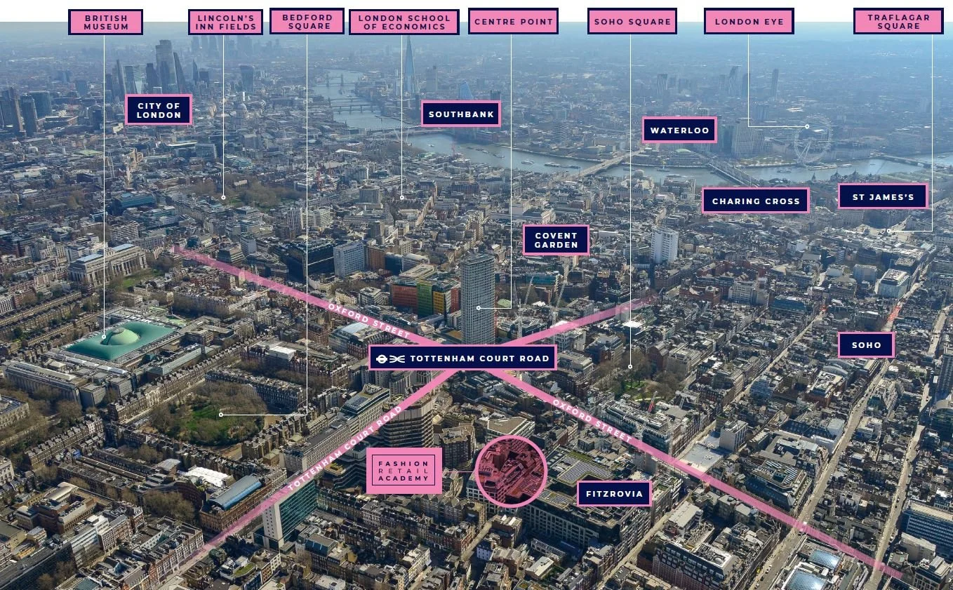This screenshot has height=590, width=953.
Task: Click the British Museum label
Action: (x=106, y=22)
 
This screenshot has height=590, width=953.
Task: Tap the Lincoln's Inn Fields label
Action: (x=225, y=22)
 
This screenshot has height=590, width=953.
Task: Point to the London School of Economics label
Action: (x=404, y=22)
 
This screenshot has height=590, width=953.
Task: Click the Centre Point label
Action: (x=513, y=22)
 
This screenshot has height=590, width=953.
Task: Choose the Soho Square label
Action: (x=632, y=22)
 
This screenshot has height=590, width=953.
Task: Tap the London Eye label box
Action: (x=749, y=22)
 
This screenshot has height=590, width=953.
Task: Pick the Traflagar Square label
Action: (x=898, y=22)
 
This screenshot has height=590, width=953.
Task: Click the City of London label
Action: (x=159, y=110)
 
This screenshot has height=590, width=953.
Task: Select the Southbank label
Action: (x=461, y=114)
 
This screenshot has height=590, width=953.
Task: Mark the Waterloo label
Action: (x=679, y=130)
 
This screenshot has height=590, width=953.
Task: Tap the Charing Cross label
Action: (x=756, y=201)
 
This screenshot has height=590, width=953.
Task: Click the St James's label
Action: (x=883, y=196)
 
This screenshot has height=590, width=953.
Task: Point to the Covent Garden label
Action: (x=556, y=240)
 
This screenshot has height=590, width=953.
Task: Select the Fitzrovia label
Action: (x=614, y=493)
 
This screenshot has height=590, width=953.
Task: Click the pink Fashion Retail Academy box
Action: (x=404, y=470)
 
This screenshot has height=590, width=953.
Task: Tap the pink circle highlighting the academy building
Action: (x=510, y=471)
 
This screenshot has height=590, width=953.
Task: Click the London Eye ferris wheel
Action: (x=813, y=140)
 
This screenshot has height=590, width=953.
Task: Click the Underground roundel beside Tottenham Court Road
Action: (x=380, y=358)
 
